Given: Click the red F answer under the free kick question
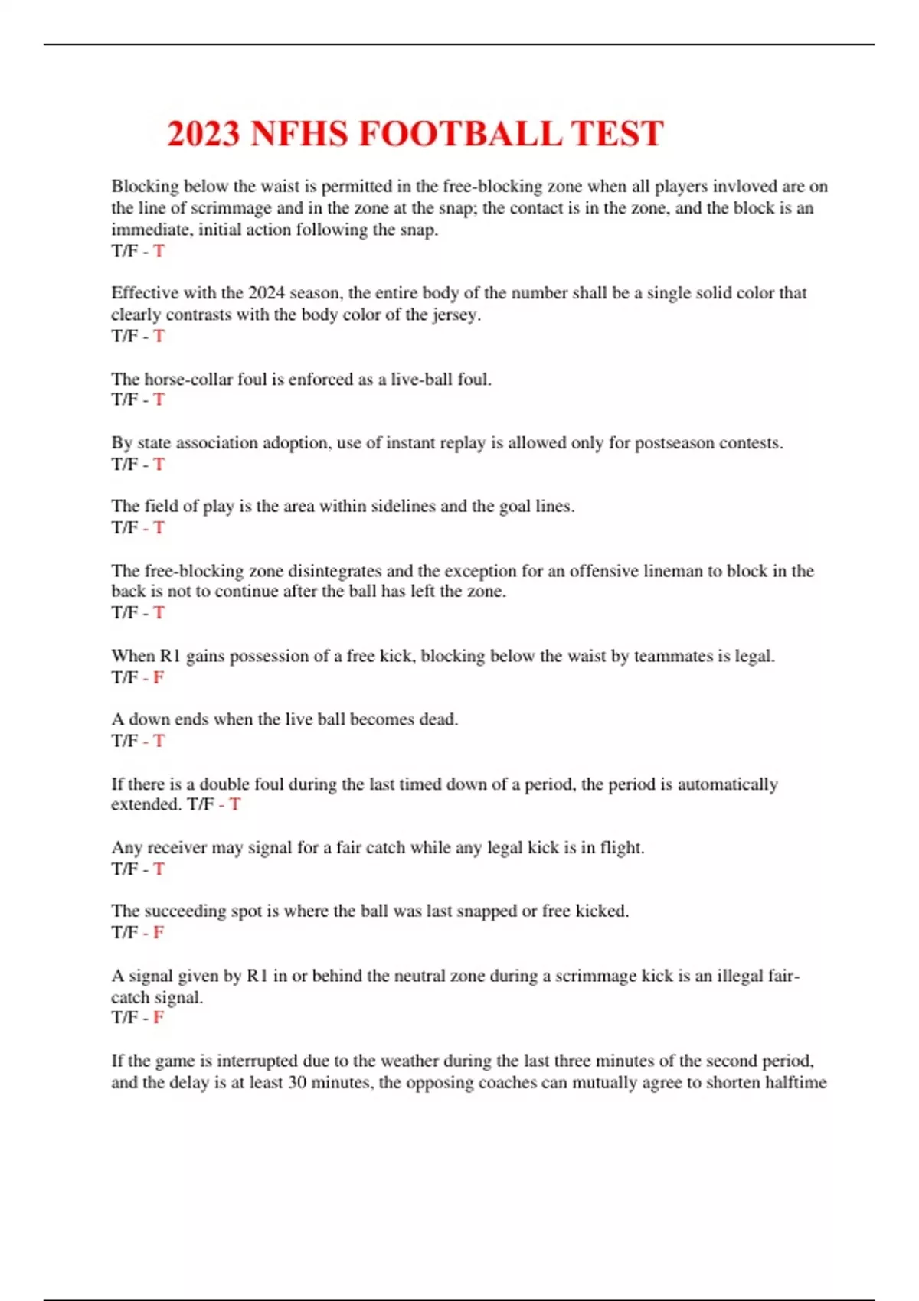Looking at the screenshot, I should [159, 677].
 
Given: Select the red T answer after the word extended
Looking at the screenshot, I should [235, 804].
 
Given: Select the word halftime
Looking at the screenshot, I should [796, 1082].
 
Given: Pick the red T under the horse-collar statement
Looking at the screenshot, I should [159, 399].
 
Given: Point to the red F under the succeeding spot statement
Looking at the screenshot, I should [159, 932].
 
